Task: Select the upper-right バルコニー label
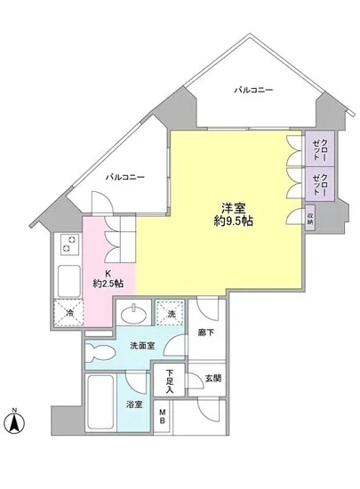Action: click(x=253, y=90)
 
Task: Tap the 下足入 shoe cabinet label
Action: click(x=166, y=381)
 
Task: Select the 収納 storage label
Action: click(x=310, y=218)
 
